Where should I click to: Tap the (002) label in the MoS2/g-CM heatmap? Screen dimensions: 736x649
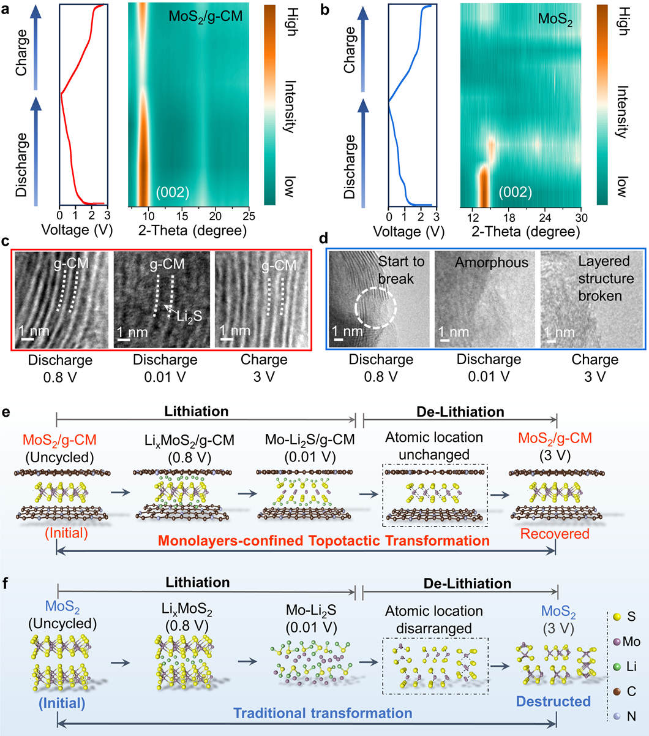(171, 192)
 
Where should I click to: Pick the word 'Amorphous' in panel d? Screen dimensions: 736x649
(483, 263)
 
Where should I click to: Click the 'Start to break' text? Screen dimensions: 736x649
(401, 270)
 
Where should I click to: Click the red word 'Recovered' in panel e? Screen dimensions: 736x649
(555, 534)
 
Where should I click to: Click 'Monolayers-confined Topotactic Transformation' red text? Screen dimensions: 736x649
(324, 541)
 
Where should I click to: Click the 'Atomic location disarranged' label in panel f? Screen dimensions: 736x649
(434, 619)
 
